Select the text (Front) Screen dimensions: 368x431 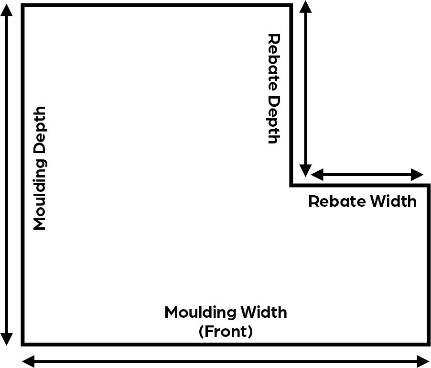pyautogui.click(x=226, y=332)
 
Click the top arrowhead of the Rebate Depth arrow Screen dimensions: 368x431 pyautogui.click(x=305, y=7)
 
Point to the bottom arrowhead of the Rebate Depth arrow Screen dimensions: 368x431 pyautogui.click(x=305, y=170)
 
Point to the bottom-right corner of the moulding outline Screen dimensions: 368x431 pyautogui.click(x=428, y=343)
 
